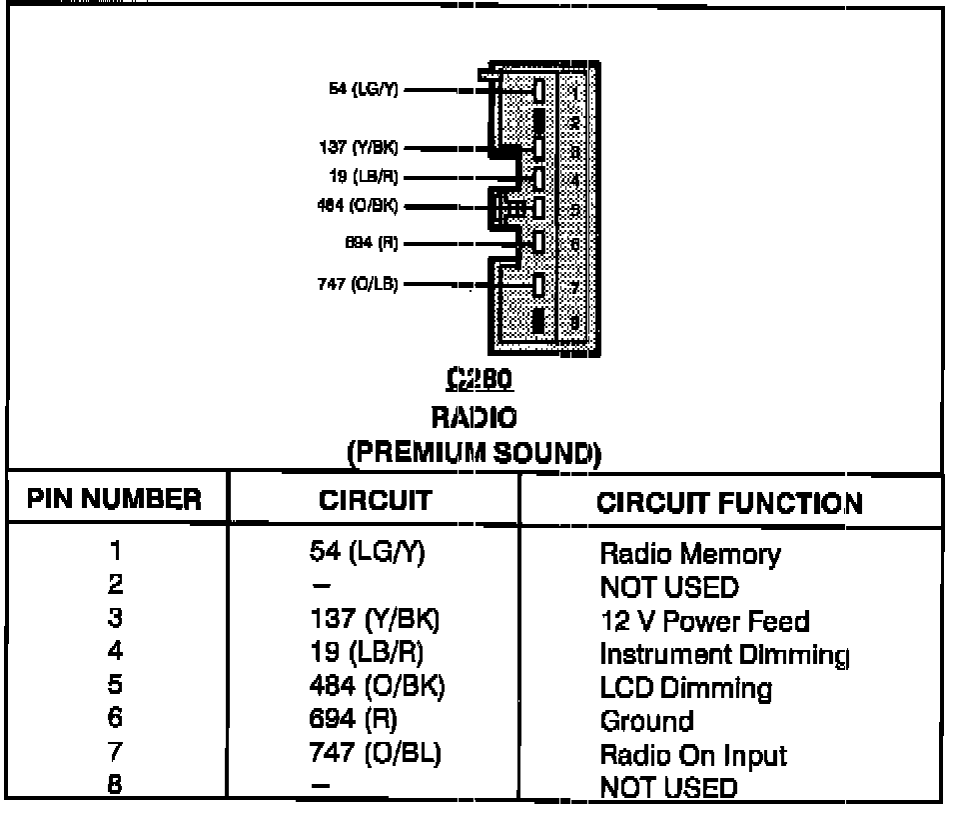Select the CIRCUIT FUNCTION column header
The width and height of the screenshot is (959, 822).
coord(729,502)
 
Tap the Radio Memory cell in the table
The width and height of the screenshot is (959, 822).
coord(689,553)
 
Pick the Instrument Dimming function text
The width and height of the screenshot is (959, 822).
coord(724,655)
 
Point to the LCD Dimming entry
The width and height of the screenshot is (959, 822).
coord(685,688)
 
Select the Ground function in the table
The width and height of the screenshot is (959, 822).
coord(645,721)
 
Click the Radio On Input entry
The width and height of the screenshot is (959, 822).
coord(693,755)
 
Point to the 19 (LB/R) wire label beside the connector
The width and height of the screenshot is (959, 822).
coord(365,177)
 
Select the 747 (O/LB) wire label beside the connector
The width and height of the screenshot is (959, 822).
coord(357,284)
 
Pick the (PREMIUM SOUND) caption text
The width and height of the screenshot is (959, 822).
coord(475,453)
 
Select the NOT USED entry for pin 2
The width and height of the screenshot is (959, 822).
coord(668,586)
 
